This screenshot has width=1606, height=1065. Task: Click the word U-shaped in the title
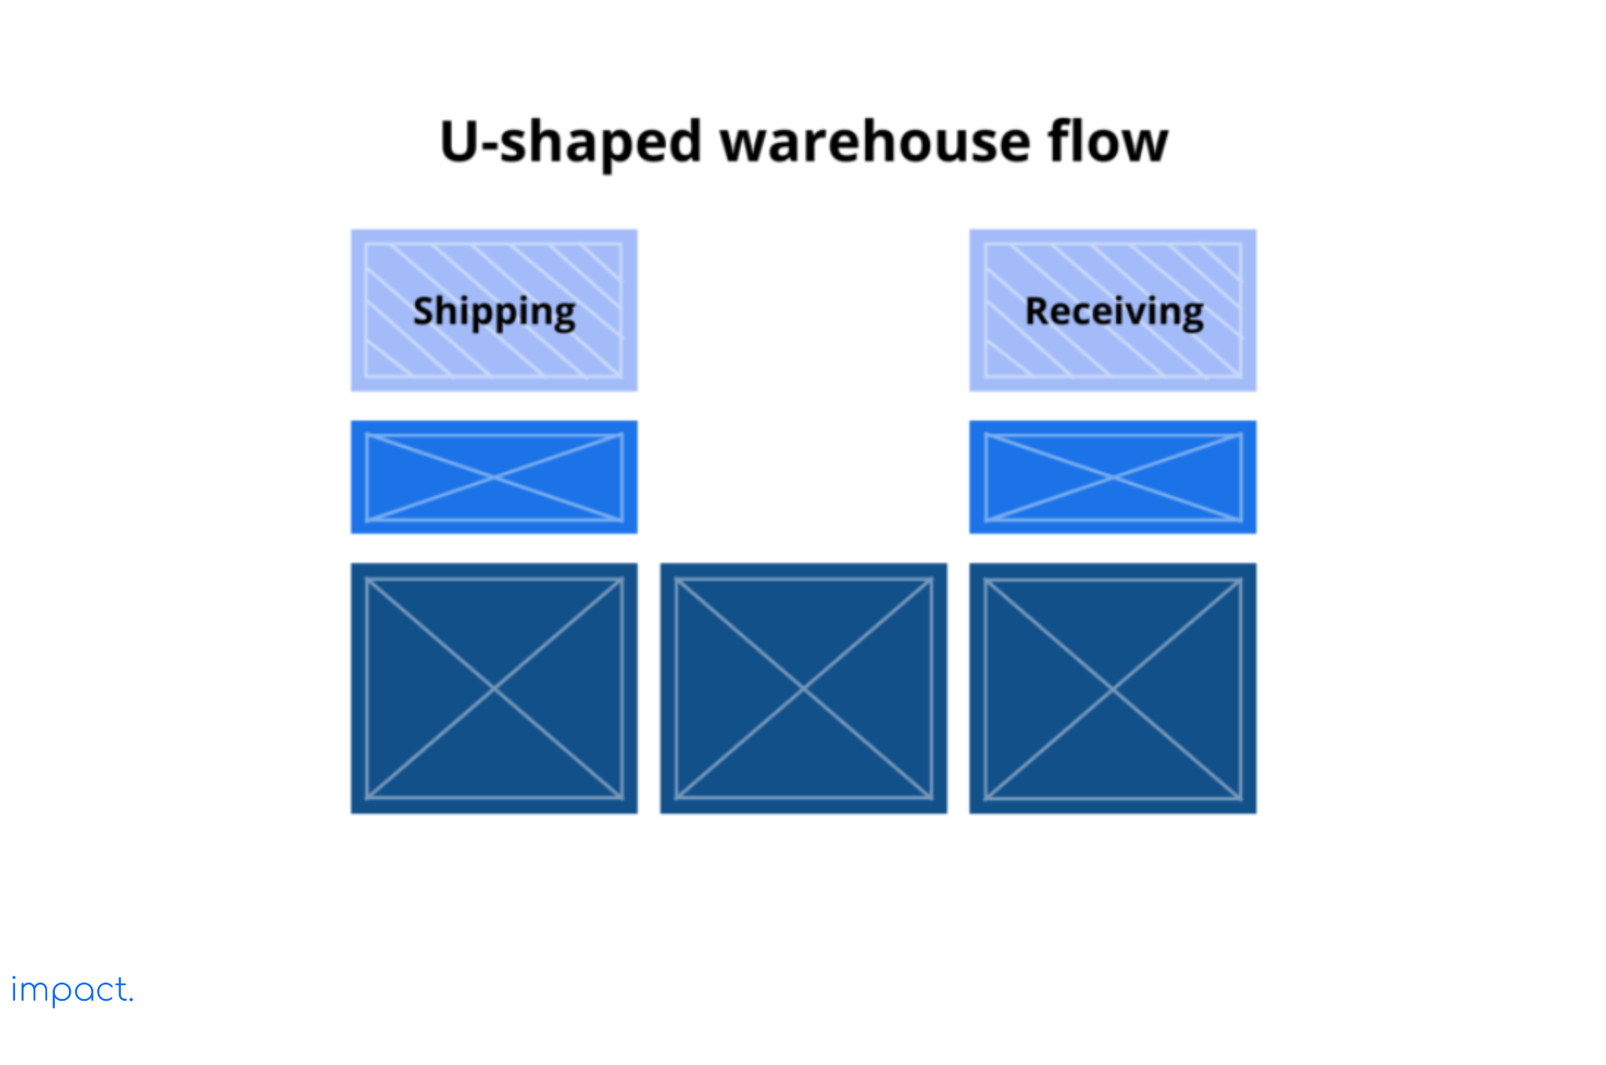(570, 143)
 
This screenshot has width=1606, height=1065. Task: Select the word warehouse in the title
(874, 143)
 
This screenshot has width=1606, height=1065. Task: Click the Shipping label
(494, 311)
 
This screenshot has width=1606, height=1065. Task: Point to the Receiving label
(1114, 311)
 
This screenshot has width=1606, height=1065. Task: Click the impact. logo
(71, 990)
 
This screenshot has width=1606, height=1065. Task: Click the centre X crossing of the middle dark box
(803, 689)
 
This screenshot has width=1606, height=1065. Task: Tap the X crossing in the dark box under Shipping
(494, 689)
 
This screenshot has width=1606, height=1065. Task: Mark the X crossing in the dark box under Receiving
(1113, 689)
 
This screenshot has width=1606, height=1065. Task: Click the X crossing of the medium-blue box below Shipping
(494, 477)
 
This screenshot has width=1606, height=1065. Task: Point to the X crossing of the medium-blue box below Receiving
(1113, 477)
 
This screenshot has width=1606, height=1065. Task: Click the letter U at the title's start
(460, 142)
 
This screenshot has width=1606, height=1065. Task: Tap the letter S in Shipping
(423, 311)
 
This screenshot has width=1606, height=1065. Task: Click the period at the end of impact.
(131, 1000)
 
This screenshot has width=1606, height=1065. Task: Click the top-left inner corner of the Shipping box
(366, 245)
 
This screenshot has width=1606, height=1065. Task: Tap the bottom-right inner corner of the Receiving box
(1241, 376)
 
